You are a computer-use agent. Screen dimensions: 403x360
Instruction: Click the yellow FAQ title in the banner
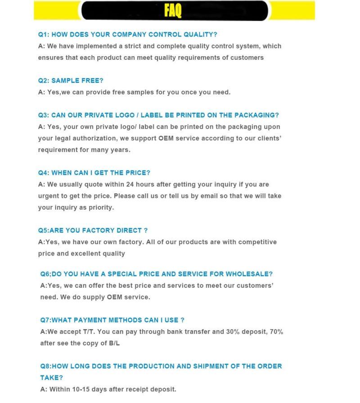pos(173,10)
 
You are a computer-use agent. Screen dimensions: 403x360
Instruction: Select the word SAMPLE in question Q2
pos(65,81)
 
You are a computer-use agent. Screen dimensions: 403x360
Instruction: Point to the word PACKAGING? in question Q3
pos(257,115)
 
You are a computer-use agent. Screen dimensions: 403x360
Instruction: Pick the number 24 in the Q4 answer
pos(131,184)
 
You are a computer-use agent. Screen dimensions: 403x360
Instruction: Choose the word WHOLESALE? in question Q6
pos(249,274)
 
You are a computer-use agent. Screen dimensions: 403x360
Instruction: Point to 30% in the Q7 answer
pos(234,332)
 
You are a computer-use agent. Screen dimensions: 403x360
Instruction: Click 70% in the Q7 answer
pos(275,332)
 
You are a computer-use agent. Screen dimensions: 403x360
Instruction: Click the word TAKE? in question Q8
pos(52,378)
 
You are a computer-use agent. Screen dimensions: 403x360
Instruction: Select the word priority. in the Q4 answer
pos(100,208)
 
